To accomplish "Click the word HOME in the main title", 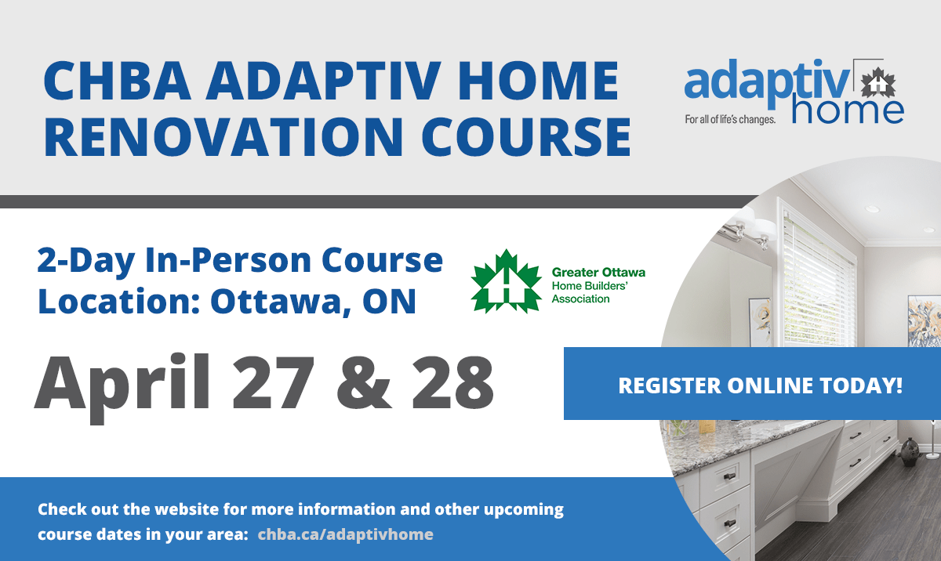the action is [539, 81].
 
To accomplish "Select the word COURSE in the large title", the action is [526, 137].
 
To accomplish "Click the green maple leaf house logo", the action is [507, 281].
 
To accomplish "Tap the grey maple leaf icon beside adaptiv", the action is [878, 84].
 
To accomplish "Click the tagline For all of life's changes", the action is [730, 120].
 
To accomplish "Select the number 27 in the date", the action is [274, 382].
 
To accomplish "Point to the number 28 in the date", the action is [452, 382].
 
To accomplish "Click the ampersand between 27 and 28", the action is [364, 382].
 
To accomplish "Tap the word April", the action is [122, 388].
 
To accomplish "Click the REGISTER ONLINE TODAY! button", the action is [752, 383].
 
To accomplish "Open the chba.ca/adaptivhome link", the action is [345, 534].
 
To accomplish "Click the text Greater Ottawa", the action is [598, 273].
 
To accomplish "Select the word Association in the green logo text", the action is [580, 299].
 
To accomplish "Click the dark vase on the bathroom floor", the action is [910, 452].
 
